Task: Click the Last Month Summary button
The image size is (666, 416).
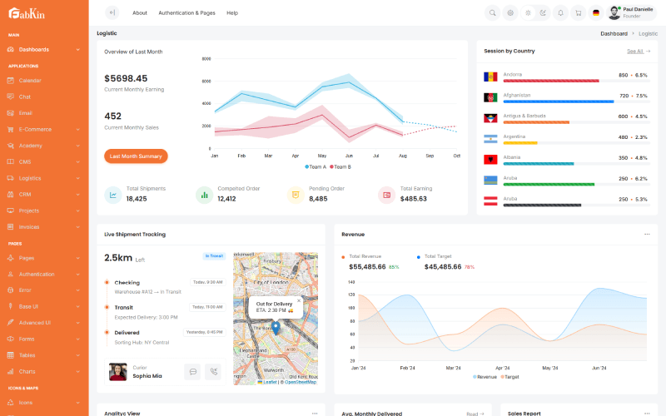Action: (x=136, y=156)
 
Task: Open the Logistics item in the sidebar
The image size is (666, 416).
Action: (x=30, y=178)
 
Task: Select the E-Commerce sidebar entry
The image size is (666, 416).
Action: (x=35, y=129)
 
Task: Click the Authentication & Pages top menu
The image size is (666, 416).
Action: (x=186, y=12)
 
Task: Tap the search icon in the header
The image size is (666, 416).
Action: (x=492, y=12)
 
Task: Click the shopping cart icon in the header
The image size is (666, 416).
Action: (x=578, y=12)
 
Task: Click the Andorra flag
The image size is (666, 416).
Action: (x=490, y=77)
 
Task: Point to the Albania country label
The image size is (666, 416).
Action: (x=512, y=156)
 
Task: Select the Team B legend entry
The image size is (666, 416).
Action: (x=340, y=167)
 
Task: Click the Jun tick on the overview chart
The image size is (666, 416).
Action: (x=349, y=156)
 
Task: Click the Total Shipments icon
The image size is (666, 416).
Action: (x=112, y=195)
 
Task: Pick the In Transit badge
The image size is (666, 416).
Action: (x=214, y=256)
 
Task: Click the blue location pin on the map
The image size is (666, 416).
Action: (x=276, y=327)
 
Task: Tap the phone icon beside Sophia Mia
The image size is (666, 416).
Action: (x=214, y=372)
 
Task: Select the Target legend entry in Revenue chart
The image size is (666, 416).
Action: (x=509, y=377)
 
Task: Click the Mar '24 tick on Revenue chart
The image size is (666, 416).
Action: (x=454, y=368)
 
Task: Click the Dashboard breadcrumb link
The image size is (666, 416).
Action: (x=614, y=33)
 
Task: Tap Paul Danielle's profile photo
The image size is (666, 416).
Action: (x=614, y=12)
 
